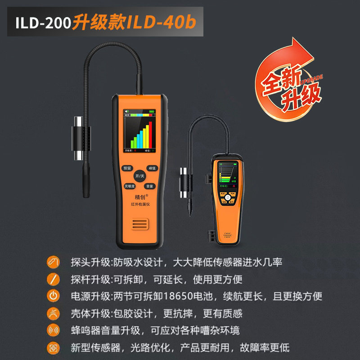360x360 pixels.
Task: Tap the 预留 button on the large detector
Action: pyautogui.click(x=126, y=168)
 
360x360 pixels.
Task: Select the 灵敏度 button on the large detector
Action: pyautogui.click(x=129, y=186)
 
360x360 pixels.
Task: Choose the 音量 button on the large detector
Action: pyautogui.click(x=149, y=186)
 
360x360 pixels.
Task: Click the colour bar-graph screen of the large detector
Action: pyautogui.click(x=139, y=130)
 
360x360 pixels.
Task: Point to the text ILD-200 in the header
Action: pyautogui.click(x=43, y=23)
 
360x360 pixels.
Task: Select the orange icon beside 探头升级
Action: pyautogui.click(x=53, y=262)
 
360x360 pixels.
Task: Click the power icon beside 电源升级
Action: pyautogui.click(x=53, y=296)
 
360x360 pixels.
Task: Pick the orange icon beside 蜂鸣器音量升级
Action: pyautogui.click(x=53, y=330)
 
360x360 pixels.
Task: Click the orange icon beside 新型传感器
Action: pyautogui.click(x=53, y=347)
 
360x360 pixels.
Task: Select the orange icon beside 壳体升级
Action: pyautogui.click(x=53, y=313)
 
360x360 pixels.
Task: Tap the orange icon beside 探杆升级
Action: pyautogui.click(x=53, y=279)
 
